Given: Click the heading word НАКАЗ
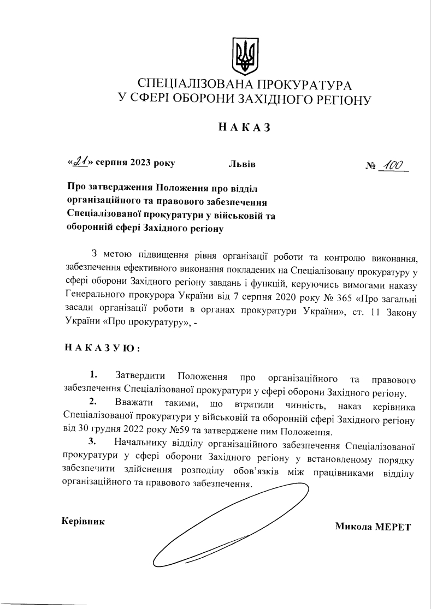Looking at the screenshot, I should point(244,128).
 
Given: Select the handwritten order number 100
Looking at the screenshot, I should point(393,164).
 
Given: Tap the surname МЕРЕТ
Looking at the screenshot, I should point(392,527).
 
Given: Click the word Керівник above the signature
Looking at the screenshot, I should point(83,520).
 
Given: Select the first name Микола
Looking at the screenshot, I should point(353,527).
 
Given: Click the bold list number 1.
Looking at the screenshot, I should point(93,375).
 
